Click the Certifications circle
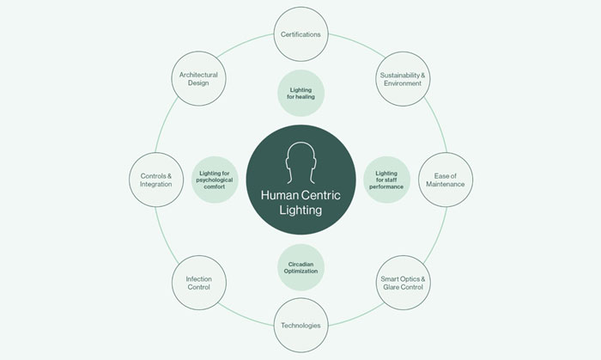pos(300,34)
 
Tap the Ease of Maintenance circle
pos(445,180)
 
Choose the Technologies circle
pos(300,325)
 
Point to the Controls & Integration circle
pos(156,180)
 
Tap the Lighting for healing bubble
pos(300,94)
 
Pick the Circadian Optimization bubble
pos(300,265)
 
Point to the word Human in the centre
pos(278,195)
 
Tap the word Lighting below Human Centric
pos(300,210)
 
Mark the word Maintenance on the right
pos(445,186)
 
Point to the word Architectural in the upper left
pos(198,75)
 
